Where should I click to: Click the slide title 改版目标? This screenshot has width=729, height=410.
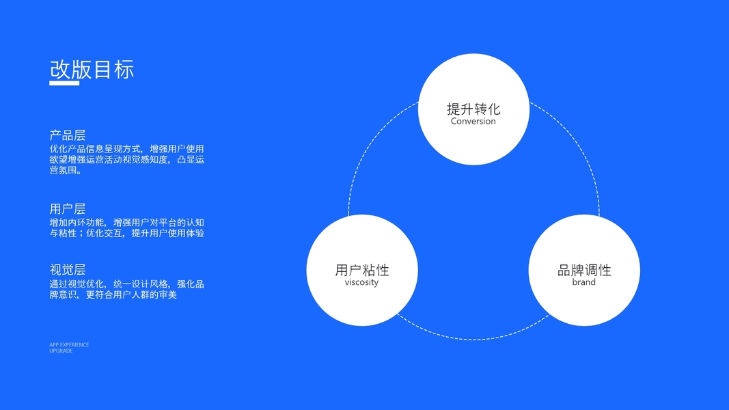[92, 69]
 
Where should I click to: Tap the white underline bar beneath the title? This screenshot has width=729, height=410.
[69, 83]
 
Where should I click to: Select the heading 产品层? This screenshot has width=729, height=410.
[68, 135]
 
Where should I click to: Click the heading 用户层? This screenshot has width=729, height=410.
[68, 209]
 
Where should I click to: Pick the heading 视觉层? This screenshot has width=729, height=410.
[68, 270]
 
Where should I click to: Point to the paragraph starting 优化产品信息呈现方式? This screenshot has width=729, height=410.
[126, 160]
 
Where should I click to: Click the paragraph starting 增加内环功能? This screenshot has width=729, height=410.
[126, 228]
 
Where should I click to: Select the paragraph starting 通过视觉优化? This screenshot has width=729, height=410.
[126, 289]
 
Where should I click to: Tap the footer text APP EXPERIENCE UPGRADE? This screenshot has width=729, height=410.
[69, 348]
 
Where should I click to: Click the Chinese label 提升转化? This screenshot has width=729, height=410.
[473, 109]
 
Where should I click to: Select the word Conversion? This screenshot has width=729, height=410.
[473, 122]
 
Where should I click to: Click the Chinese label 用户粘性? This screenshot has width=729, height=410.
[361, 270]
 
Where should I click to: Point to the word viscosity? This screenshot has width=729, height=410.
[361, 282]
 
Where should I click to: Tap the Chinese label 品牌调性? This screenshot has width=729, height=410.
[584, 270]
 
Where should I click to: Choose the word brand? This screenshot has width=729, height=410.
[584, 282]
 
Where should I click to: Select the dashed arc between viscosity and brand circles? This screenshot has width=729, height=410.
[473, 339]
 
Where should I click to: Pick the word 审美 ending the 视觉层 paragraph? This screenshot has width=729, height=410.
[167, 295]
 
